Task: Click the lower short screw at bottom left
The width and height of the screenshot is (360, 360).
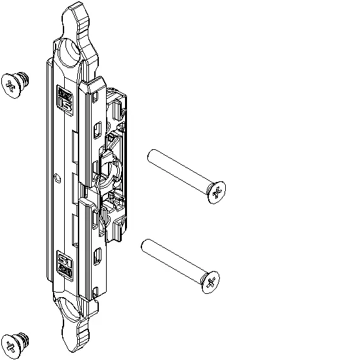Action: point(13,344)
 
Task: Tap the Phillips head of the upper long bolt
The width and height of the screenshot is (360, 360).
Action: point(217,192)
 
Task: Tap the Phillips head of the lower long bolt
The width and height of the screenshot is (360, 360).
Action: point(210,283)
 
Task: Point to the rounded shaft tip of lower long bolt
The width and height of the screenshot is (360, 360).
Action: point(145,245)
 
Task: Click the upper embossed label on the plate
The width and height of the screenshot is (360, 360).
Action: point(65,99)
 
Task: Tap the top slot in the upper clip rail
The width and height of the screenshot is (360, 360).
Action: point(97,98)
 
